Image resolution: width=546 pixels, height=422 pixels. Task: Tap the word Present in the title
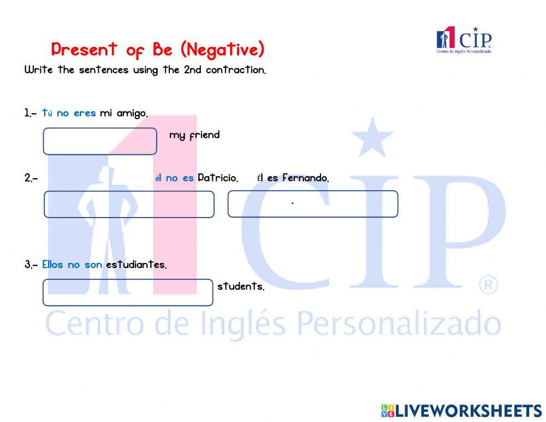[84, 50]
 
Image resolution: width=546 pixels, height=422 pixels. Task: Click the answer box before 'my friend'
[100, 141]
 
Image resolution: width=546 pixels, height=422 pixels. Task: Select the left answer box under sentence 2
[129, 204]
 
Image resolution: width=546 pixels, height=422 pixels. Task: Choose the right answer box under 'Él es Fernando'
[312, 204]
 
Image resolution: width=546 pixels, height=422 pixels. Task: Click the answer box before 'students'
[128, 292]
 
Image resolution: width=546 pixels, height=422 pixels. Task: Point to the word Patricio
[218, 178]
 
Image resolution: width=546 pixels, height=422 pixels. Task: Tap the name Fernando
[306, 178]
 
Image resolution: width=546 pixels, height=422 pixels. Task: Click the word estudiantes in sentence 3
[136, 265]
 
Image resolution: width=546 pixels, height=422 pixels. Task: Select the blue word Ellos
[52, 265]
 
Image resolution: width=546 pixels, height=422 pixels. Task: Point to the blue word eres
[85, 114]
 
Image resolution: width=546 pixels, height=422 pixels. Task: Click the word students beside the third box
[241, 286]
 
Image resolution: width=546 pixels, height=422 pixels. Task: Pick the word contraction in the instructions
[236, 71]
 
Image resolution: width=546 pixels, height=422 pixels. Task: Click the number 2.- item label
[31, 178]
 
